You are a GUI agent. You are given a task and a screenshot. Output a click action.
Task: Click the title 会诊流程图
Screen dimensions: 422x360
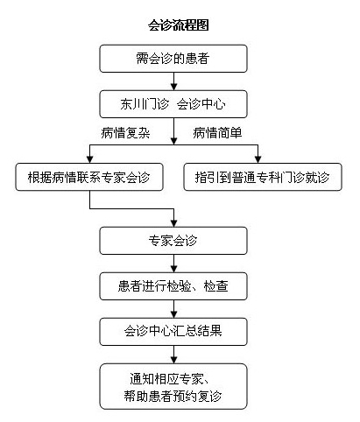(179, 26)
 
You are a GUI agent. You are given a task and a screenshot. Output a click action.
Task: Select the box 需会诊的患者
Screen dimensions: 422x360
(175, 60)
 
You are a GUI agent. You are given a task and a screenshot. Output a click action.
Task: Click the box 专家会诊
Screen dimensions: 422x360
(175, 239)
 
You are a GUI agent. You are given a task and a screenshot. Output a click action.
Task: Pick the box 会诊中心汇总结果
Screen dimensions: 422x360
(175, 332)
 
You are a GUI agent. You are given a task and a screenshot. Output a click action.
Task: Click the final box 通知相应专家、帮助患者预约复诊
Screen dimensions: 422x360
(175, 387)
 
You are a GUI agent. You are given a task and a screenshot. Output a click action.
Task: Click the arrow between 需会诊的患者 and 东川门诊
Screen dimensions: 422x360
(175, 81)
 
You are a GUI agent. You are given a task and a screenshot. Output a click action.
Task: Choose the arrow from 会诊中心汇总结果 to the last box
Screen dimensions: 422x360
(175, 355)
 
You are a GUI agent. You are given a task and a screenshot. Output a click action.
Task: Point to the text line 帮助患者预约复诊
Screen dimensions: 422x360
(175, 397)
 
